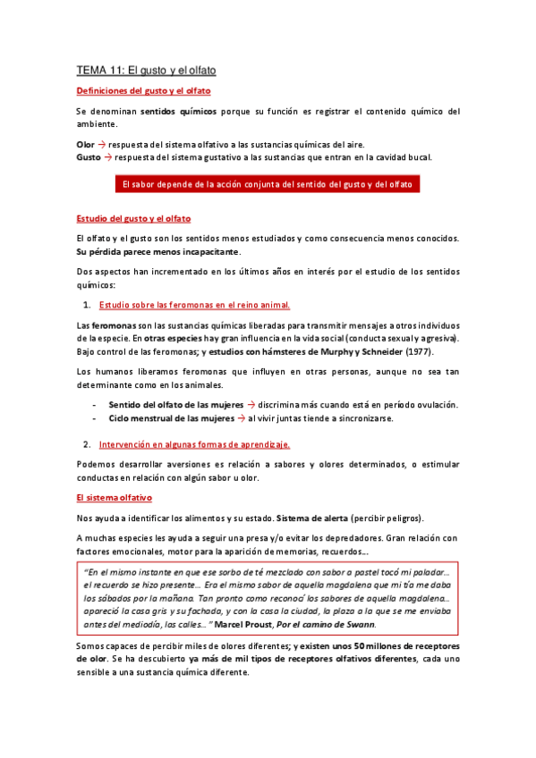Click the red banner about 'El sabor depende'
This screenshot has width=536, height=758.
[268, 184]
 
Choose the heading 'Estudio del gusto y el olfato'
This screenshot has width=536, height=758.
[133, 218]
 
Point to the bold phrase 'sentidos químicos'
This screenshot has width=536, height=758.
[157, 112]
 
